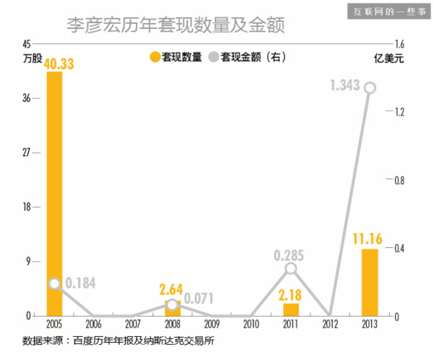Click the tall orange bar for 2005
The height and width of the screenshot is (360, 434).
54,194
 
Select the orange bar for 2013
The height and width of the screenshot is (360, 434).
370,283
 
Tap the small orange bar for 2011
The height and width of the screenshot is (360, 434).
291,309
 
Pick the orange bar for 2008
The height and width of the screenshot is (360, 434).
172,308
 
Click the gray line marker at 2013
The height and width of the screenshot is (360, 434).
370,87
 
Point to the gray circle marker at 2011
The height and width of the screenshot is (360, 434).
291,268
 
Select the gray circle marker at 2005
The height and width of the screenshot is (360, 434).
54,284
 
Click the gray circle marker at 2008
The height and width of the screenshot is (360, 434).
172,304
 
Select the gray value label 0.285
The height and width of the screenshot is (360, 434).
289,254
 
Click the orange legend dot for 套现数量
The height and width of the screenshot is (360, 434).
154,56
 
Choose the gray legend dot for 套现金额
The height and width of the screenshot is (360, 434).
213,56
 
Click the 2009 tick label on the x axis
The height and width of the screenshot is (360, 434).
212,324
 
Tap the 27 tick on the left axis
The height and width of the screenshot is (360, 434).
26,153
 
